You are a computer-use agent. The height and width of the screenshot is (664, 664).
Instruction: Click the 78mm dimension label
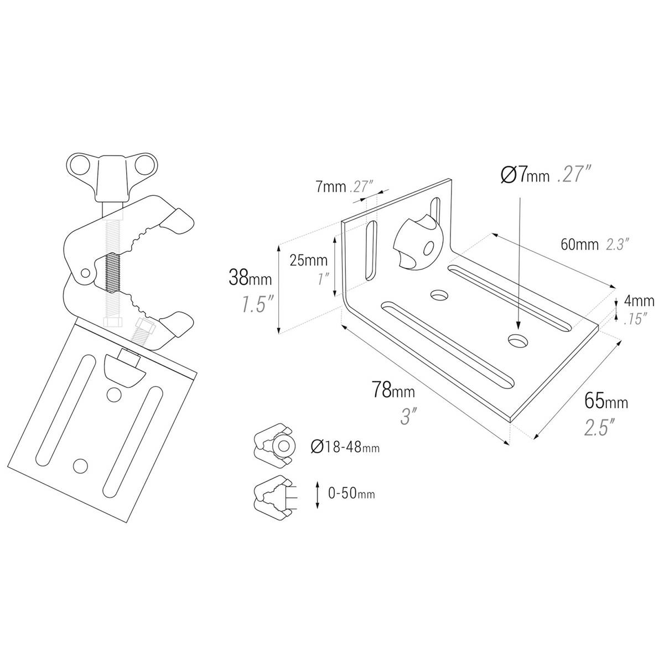[393, 391]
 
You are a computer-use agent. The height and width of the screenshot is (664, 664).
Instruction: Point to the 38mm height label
[250, 278]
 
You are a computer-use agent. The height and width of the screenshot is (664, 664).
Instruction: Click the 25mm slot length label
[308, 260]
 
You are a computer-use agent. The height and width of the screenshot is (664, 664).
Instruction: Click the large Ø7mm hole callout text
[525, 175]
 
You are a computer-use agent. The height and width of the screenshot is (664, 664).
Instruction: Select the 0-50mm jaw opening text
[351, 494]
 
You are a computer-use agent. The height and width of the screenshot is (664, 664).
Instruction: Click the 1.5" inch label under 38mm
[256, 304]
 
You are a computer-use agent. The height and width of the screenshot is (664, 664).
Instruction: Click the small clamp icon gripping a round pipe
[274, 445]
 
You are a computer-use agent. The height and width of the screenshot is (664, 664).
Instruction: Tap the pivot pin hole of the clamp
[85, 273]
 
